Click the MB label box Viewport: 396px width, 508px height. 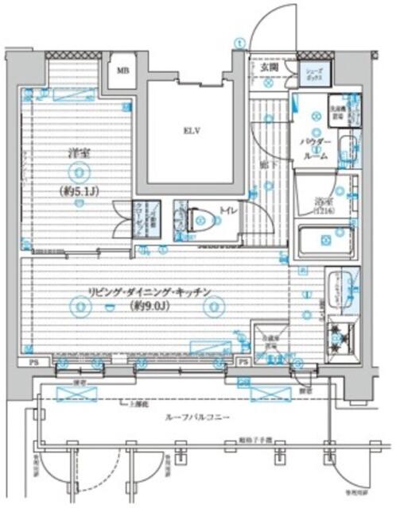tap(123, 69)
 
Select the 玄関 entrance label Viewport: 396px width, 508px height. tap(268, 67)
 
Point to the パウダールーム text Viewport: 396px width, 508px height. tap(316, 148)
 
